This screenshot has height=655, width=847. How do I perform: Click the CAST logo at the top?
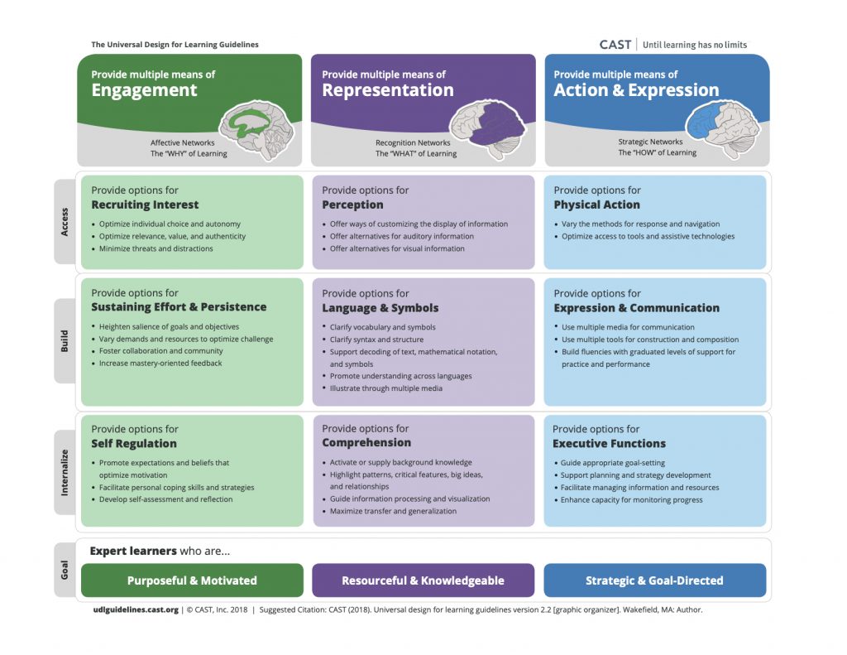(x=615, y=45)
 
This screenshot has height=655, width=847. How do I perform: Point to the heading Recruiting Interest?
(x=145, y=205)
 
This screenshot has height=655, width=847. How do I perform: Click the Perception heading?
(x=352, y=205)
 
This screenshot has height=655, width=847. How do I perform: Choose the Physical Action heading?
(x=596, y=205)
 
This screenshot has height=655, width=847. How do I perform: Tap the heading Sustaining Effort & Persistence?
(x=179, y=307)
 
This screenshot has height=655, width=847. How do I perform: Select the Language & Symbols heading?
(x=380, y=308)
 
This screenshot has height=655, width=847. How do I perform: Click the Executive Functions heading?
(x=608, y=444)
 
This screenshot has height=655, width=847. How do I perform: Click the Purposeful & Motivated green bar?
(x=192, y=580)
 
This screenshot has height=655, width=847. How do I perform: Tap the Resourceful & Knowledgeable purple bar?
(x=423, y=580)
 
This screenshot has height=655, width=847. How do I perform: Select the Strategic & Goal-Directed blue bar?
(x=654, y=580)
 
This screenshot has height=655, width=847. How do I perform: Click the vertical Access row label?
(x=65, y=221)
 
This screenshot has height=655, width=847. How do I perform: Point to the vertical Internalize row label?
(x=65, y=473)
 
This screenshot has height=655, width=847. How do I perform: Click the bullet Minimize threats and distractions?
(x=156, y=248)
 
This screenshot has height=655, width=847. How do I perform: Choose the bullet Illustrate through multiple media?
(x=385, y=388)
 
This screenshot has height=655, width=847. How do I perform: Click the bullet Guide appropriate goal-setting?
(x=612, y=463)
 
